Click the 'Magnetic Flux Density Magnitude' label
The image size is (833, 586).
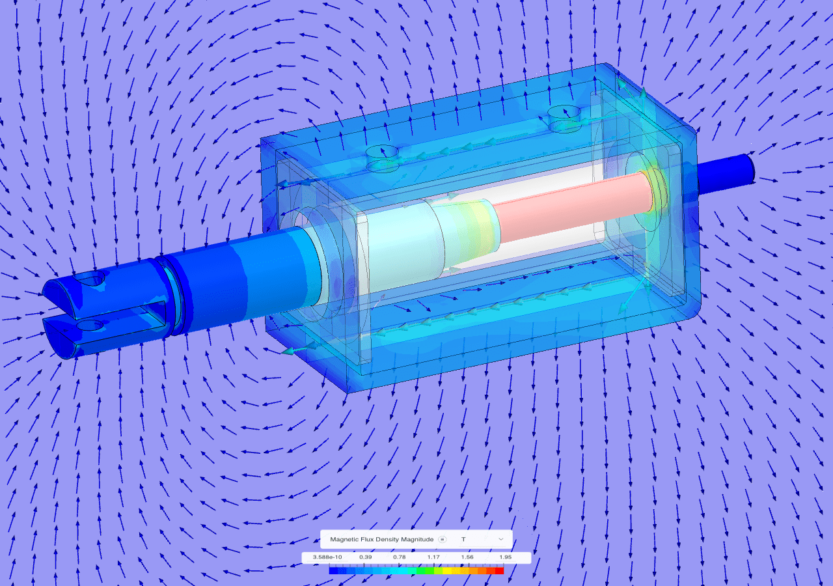pos(381,539)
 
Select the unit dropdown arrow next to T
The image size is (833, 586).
pos(500,539)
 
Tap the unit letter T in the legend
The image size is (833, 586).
pos(463,539)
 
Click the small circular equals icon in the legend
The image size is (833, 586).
pos(442,539)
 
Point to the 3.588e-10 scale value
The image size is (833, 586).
pos(327,558)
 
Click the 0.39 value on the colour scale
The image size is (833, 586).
pos(366,558)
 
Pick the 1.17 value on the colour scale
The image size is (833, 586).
pos(433,558)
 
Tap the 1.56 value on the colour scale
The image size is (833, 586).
pos(467,558)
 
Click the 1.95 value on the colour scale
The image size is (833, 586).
pos(505,558)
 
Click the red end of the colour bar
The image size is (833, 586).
pos(499,570)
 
